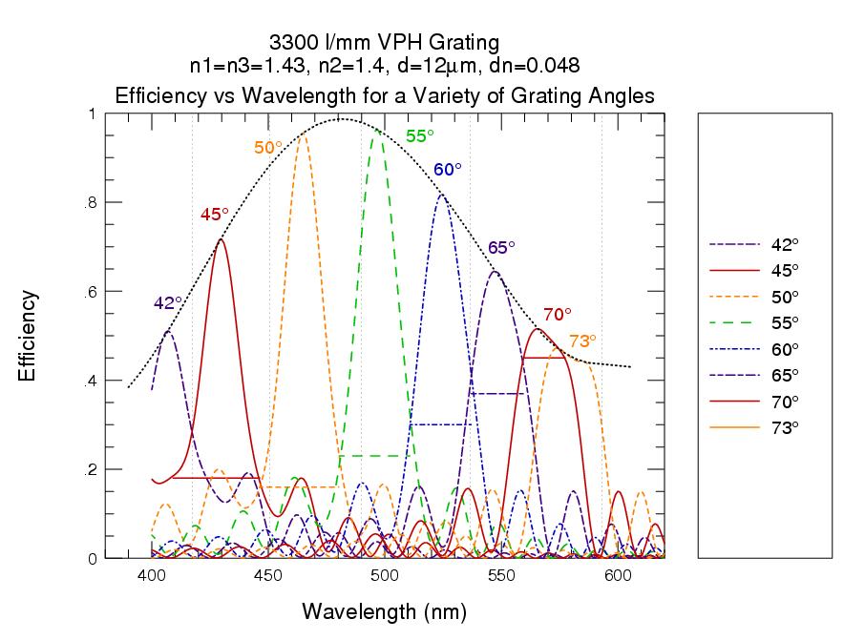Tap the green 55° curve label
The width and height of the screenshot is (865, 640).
coord(421,136)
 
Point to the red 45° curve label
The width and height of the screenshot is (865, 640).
coord(215,215)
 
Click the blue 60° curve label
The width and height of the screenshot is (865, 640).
coord(448,170)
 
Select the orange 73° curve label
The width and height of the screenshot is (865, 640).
coord(582,341)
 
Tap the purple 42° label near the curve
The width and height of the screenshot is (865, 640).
coord(168,303)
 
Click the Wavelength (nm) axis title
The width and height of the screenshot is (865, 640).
coord(385,610)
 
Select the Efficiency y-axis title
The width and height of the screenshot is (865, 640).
coord(28,336)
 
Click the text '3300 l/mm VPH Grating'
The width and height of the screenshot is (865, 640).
coord(385,43)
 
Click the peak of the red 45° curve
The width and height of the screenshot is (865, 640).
coord(221,239)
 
